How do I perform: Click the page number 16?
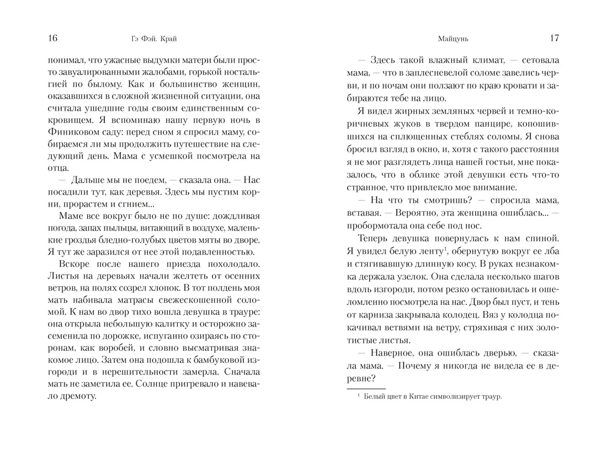tap(53, 39)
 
